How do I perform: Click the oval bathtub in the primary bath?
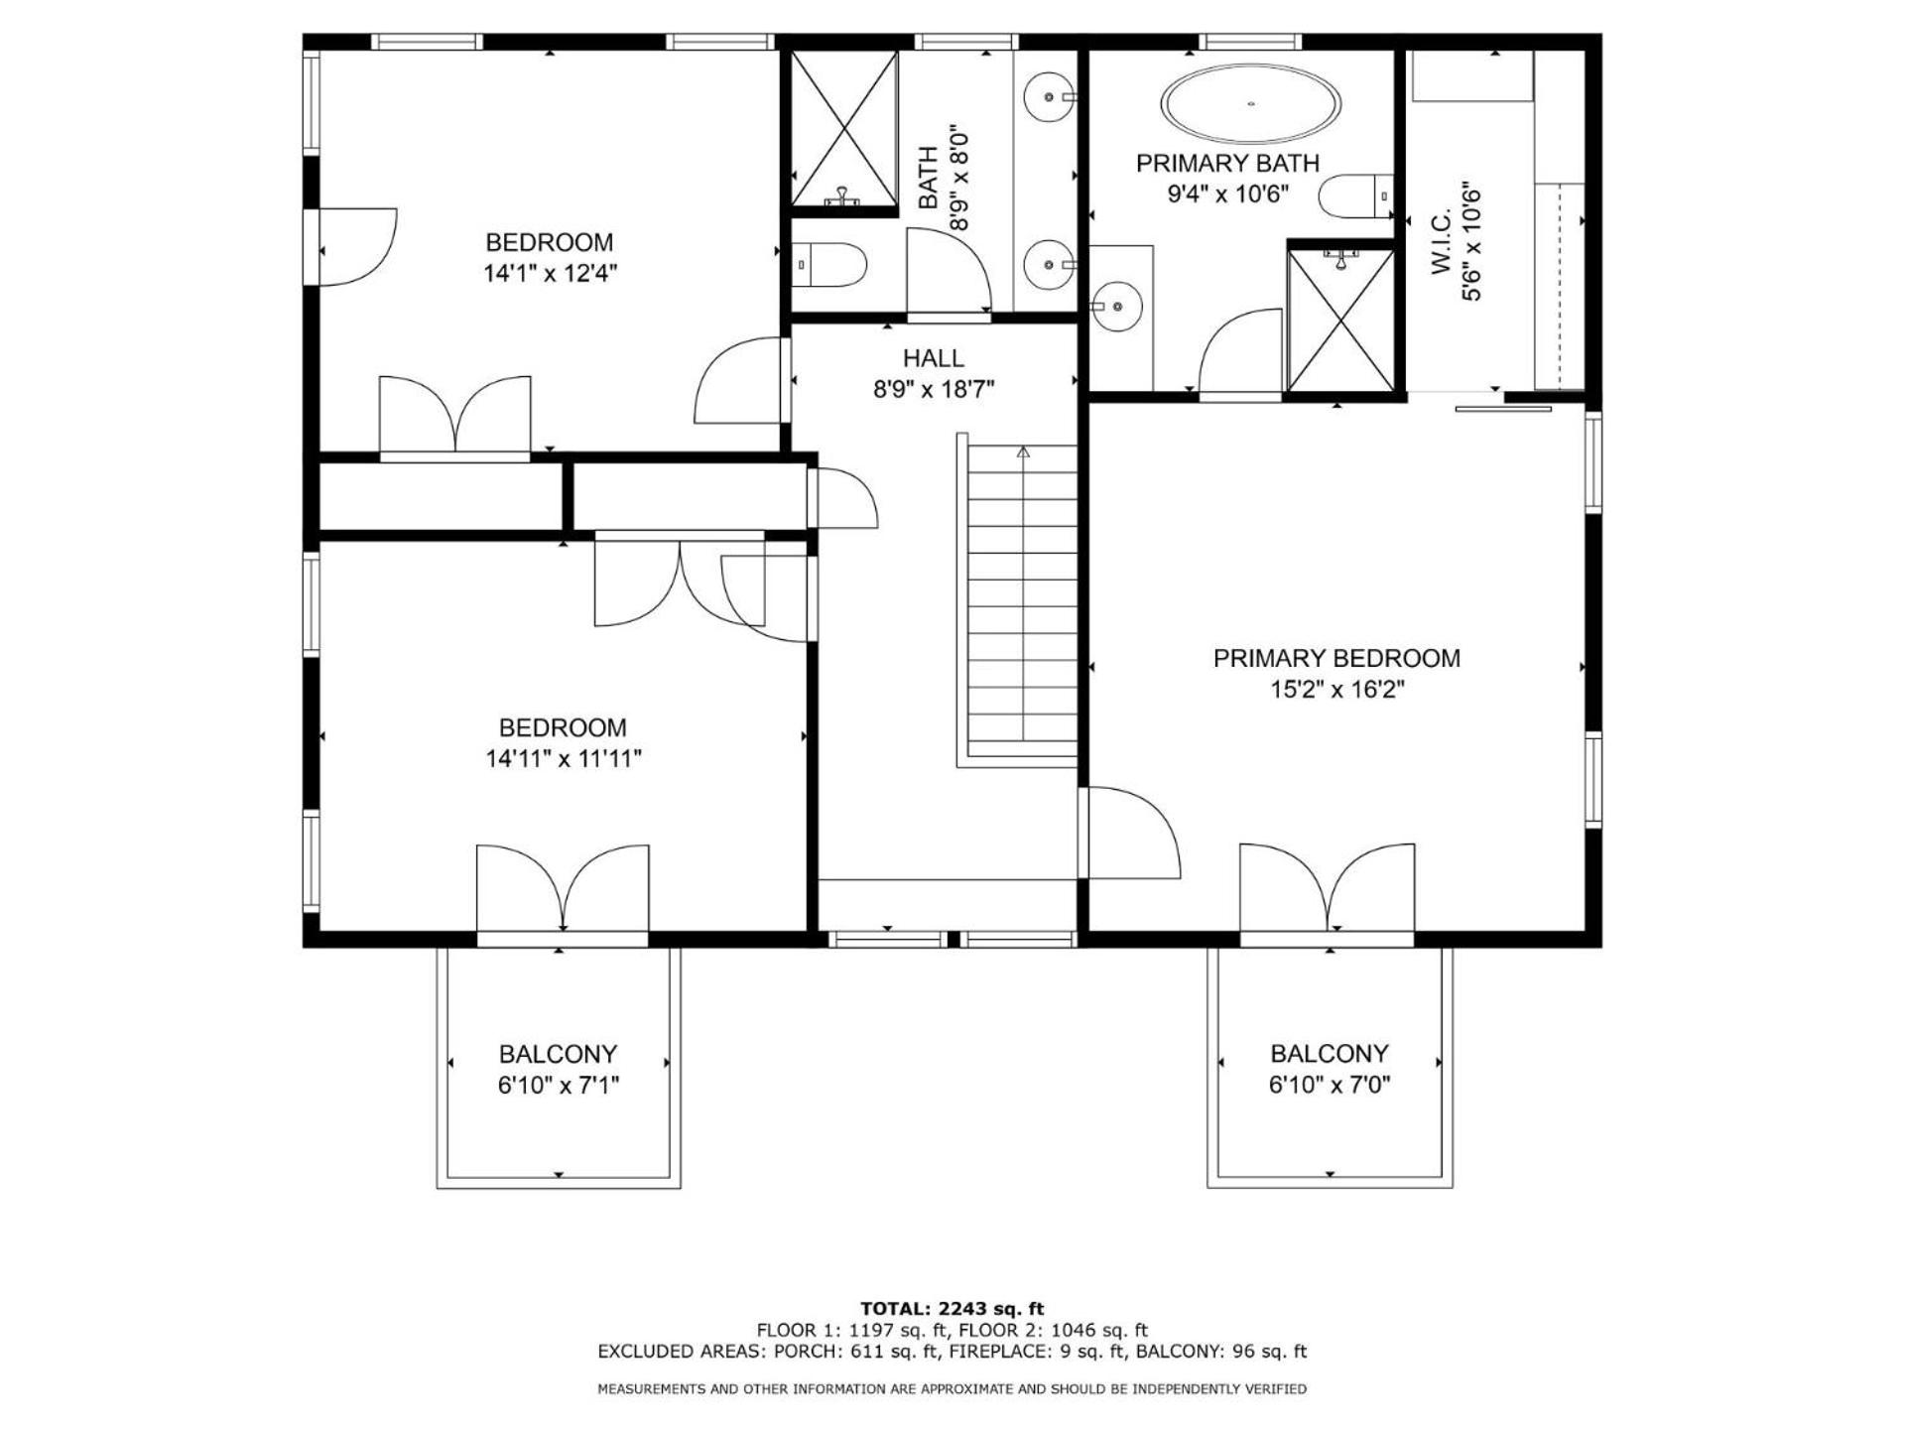click(x=1251, y=104)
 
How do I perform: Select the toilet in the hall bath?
click(x=830, y=265)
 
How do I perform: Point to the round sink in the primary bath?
click(x=1118, y=307)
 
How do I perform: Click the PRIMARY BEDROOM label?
click(x=1336, y=658)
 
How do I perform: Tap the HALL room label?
click(x=933, y=358)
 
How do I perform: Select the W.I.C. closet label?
click(x=1442, y=240)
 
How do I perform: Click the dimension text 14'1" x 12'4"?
click(x=551, y=274)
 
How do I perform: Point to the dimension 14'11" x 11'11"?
click(x=564, y=759)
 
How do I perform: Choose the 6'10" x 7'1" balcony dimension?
click(x=559, y=1086)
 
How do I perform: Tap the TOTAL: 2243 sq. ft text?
click(x=952, y=1309)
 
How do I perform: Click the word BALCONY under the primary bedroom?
click(x=1330, y=1053)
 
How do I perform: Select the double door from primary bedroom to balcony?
click(x=1328, y=889)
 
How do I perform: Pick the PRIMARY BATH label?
click(x=1228, y=163)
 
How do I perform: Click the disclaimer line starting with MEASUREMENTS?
click(x=952, y=1389)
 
